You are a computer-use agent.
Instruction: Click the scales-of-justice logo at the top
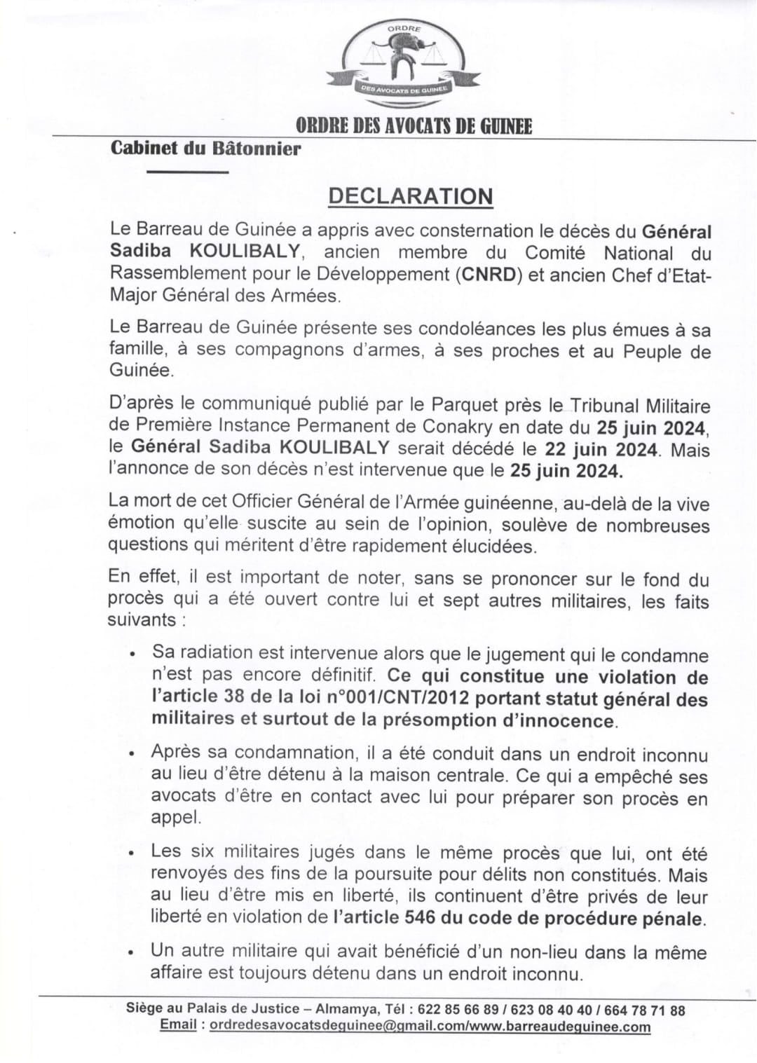coord(402,63)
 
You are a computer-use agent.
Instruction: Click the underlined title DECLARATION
coord(410,197)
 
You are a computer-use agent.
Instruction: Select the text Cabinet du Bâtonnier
coord(205,149)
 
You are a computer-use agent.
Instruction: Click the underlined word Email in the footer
coord(178,1025)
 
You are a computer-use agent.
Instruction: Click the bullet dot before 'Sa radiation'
coord(132,653)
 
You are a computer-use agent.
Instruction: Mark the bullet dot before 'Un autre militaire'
coord(132,953)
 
